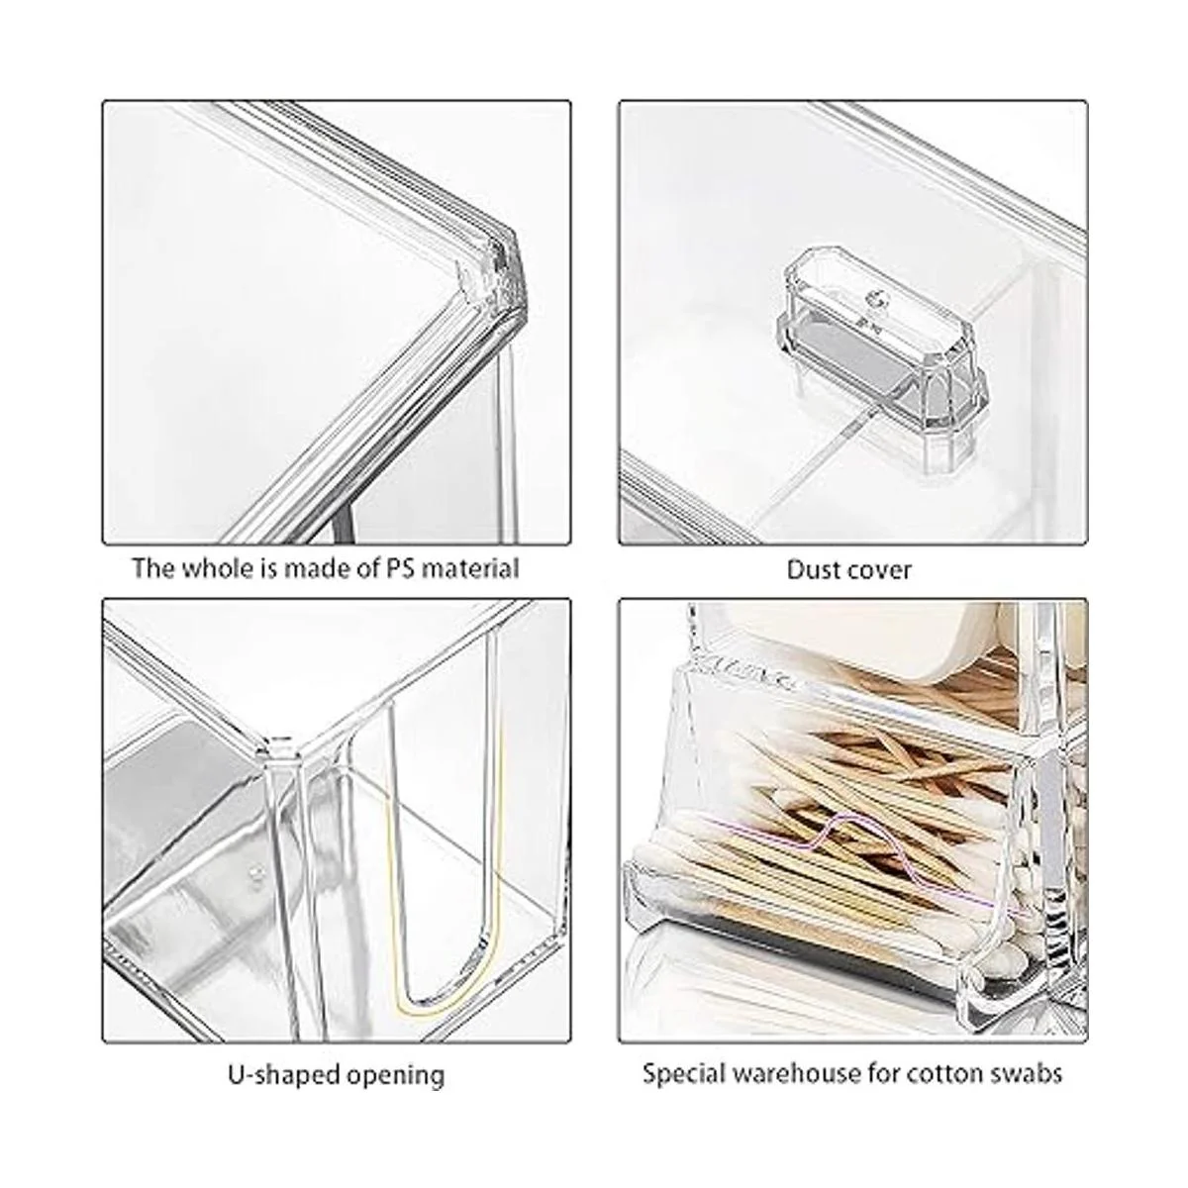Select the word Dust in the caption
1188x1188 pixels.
coord(813,569)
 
